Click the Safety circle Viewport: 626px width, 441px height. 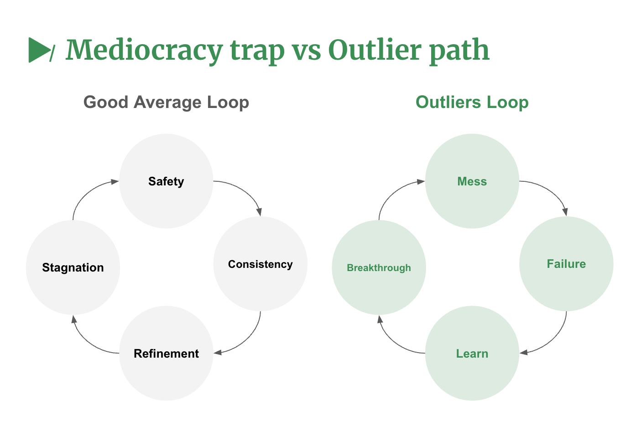166,181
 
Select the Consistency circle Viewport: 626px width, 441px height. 260,264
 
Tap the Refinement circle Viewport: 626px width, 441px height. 166,353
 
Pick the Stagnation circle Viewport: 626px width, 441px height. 73,267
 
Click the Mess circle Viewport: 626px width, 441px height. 472,181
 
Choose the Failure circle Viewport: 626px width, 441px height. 566,264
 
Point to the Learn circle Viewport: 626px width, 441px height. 472,353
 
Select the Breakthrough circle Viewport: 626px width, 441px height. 379,267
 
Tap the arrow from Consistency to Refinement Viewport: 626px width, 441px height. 249,339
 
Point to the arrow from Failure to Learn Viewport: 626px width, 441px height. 555,339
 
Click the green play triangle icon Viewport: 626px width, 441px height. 39,50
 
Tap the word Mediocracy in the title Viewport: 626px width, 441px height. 144,50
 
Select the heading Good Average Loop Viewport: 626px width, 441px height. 166,103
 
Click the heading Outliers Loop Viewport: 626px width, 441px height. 472,103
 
